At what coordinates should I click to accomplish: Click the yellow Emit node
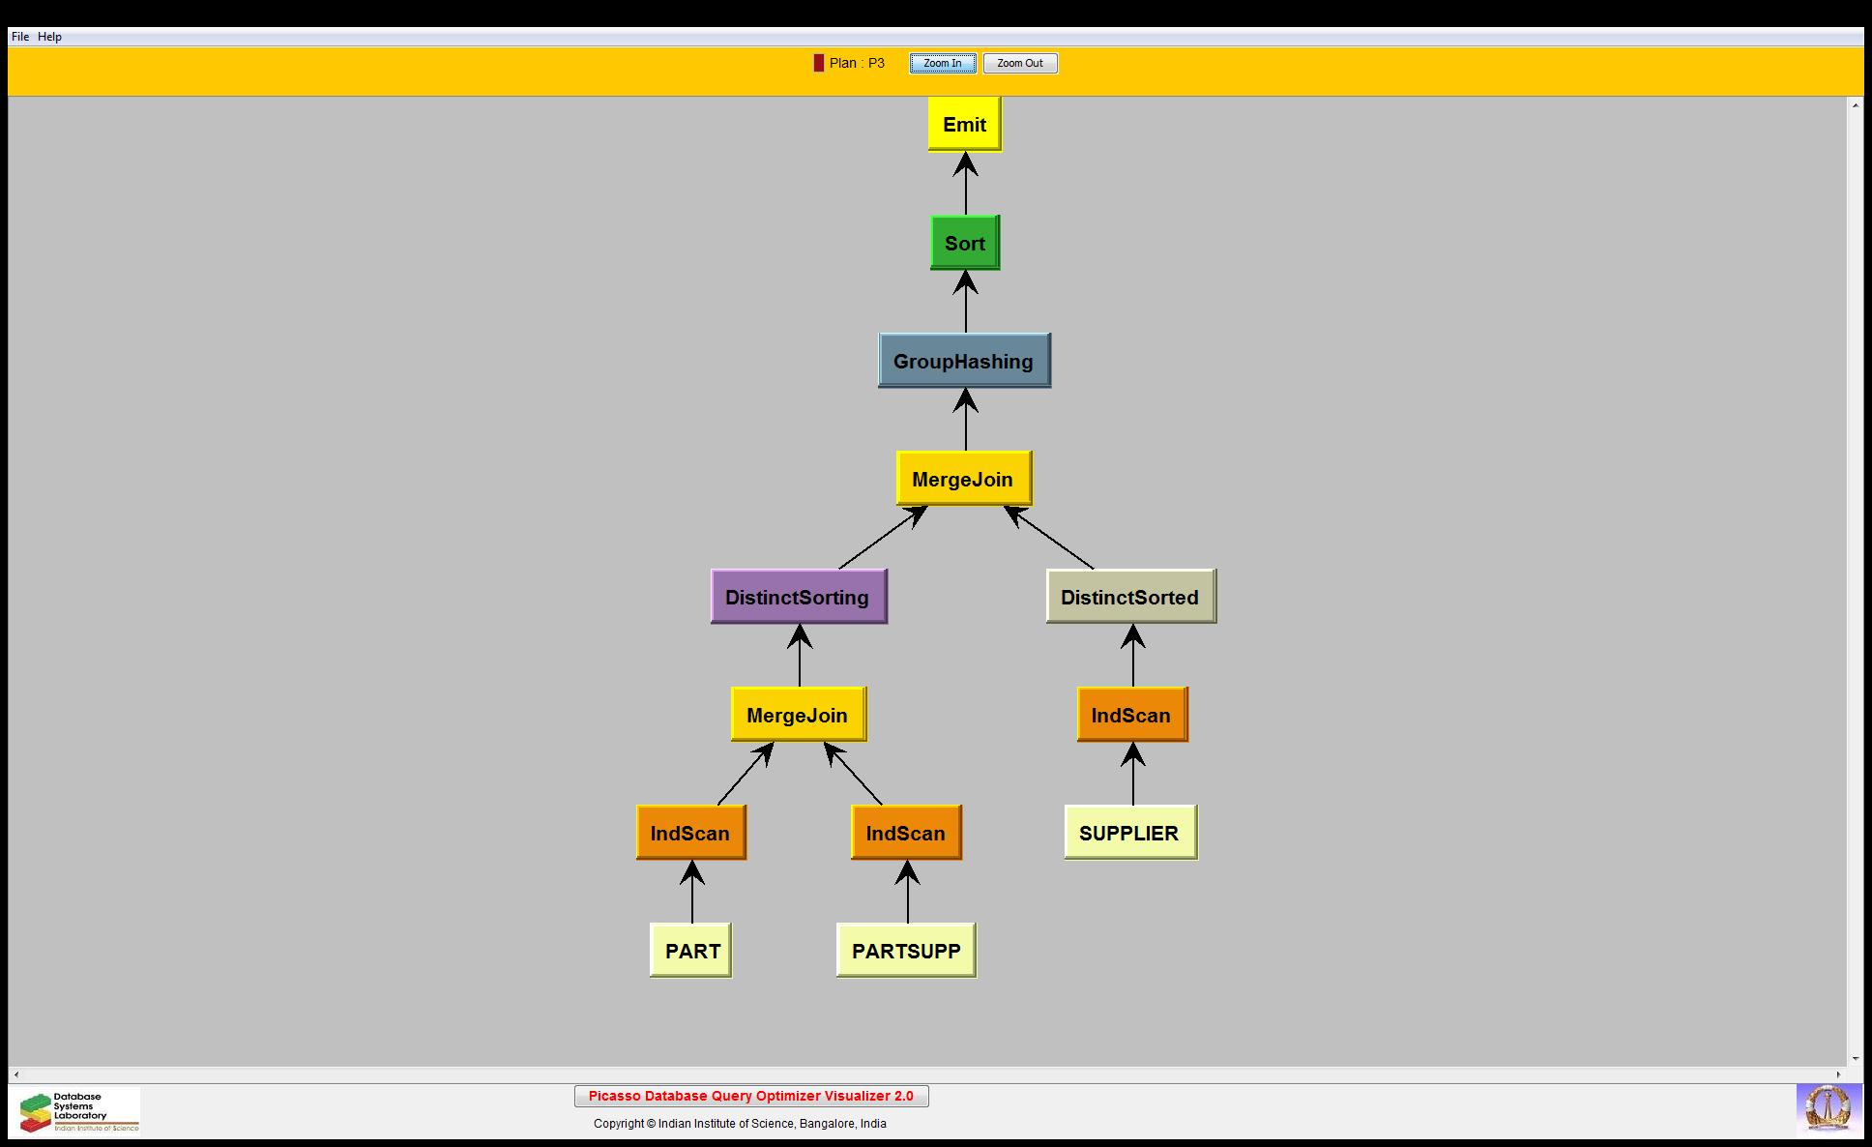964,124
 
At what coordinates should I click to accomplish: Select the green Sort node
964,243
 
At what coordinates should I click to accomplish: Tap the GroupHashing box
963,361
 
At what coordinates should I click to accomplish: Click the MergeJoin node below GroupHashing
963,479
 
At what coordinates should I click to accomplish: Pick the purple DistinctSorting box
798,597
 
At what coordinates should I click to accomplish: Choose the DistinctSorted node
1129,597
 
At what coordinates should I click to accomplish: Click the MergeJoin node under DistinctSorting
798,715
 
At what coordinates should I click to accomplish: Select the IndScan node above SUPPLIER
1131,715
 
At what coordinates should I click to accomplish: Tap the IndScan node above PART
690,833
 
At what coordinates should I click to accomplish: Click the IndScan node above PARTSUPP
906,833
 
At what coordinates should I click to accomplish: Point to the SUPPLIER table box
1129,833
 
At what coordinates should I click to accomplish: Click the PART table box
691,951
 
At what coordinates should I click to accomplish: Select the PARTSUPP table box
906,951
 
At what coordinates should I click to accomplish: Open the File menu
20,37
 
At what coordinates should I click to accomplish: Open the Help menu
49,37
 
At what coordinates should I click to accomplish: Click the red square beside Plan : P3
819,63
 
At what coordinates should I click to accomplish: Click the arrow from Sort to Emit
965,184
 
